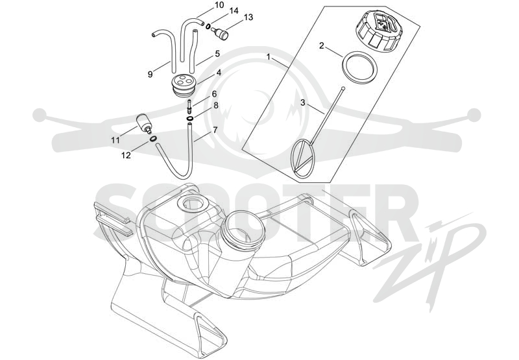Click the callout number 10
(219, 5)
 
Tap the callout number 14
(234, 11)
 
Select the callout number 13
(248, 18)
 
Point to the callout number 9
(151, 75)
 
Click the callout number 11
(115, 141)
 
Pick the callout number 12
(126, 155)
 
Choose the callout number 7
(215, 130)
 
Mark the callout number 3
(303, 102)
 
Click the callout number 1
(269, 57)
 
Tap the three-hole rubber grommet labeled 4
(184, 86)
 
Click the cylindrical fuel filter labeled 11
(144, 123)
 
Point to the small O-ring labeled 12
(153, 139)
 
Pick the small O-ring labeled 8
(190, 119)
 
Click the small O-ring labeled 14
(208, 27)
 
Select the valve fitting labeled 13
(219, 33)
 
